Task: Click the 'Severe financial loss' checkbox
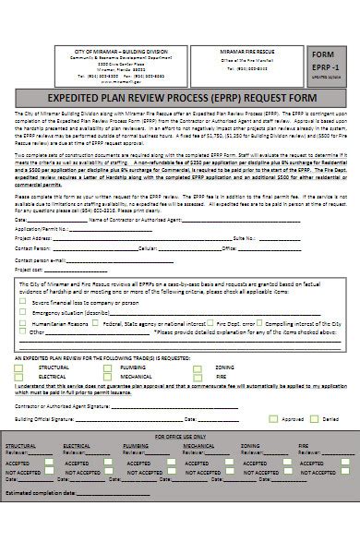tap(25, 301)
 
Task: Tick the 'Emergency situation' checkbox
tap(25, 311)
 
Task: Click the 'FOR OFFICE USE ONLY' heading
tap(180, 435)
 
